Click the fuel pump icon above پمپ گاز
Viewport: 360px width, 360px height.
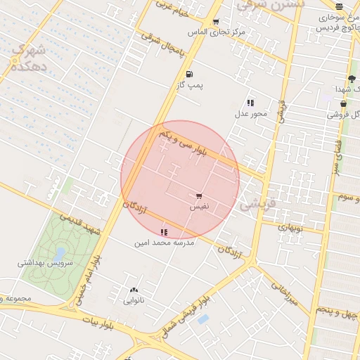pos(188,75)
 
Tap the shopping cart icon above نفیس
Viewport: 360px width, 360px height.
pos(199,197)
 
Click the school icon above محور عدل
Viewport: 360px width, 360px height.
pos(250,103)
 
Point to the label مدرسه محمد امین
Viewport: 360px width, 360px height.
pos(164,243)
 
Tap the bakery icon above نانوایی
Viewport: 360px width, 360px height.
pos(134,290)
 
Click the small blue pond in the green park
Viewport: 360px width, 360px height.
pos(60,252)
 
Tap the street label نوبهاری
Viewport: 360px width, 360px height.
pos(290,227)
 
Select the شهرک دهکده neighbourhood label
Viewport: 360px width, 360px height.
pos(29,58)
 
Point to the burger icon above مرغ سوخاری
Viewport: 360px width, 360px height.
pos(340,6)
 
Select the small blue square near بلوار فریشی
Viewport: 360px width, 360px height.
pos(202,319)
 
